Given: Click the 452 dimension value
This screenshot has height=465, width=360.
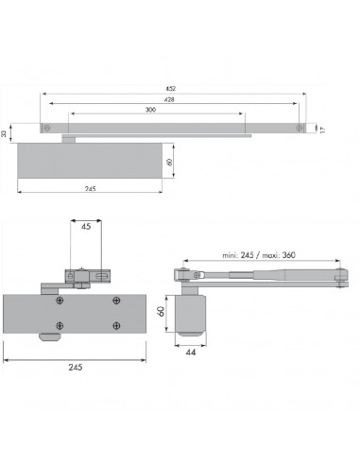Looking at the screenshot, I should pos(170,91).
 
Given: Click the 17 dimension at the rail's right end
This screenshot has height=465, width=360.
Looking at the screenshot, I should pos(323,129).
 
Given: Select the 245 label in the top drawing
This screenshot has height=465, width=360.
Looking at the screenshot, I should pos(90,189).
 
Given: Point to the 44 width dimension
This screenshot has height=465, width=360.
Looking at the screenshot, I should pos(192,351).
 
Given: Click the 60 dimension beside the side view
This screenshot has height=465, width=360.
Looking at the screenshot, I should pos(161,311).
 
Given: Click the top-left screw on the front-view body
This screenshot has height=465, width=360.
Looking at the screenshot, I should pos(60,301).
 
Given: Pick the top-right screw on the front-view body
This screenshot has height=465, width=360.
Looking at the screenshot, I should pos(115,301).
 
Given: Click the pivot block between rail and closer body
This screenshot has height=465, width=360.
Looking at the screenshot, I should pos(69,138).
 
